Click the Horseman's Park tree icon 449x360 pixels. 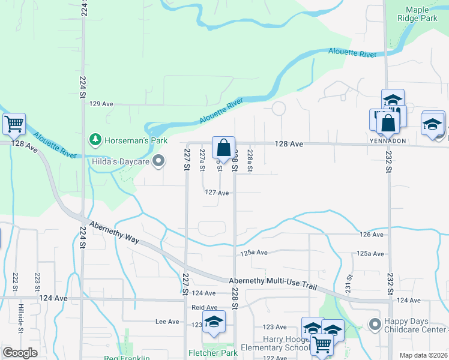[95, 140]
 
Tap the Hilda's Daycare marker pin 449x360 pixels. [159, 161]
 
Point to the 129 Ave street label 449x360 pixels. [101, 104]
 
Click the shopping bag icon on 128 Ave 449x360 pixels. [223, 147]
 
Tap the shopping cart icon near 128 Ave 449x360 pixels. [13, 124]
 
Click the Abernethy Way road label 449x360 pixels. [114, 232]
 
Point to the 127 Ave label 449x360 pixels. [217, 193]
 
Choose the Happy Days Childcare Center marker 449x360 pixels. [375, 324]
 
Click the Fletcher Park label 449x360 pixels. [212, 353]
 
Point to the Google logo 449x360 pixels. [20, 353]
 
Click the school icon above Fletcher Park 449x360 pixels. [214, 322]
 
